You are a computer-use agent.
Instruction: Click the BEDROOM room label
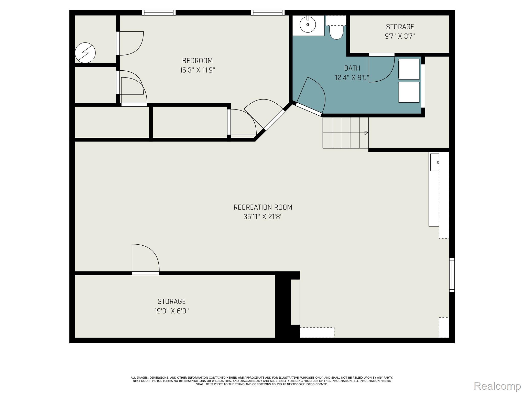tap(197, 61)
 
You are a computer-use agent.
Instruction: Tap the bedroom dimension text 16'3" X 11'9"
tap(197, 70)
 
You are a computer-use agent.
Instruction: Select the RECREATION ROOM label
tap(263, 207)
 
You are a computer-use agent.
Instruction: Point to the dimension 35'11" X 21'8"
tap(263, 217)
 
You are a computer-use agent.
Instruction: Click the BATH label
tap(352, 68)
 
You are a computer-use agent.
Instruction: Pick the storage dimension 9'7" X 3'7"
tap(400, 36)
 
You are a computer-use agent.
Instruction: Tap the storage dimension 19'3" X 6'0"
tap(171, 311)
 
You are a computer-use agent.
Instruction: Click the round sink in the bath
tap(308, 25)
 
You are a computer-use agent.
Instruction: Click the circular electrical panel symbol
tap(85, 53)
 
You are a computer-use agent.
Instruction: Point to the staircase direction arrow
tap(366, 133)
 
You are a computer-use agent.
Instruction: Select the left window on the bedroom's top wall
tap(159, 13)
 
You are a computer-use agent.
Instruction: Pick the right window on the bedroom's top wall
tap(267, 13)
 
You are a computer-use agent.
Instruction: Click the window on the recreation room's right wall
tap(452, 275)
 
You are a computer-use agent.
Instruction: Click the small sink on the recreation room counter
tap(435, 162)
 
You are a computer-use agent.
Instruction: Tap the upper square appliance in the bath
tap(409, 69)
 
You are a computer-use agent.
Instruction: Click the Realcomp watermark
tap(497, 386)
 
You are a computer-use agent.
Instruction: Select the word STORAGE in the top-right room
tap(400, 27)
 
